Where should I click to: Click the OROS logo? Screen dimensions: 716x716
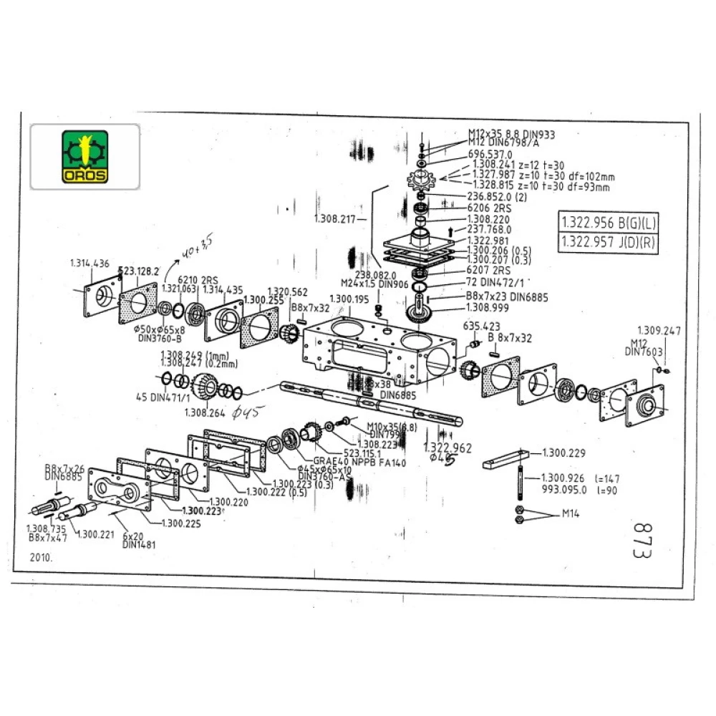click(x=84, y=156)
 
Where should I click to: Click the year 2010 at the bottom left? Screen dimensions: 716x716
click(x=41, y=556)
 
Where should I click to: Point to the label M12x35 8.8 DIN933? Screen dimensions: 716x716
click(x=511, y=134)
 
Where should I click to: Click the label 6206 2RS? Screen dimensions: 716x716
click(x=488, y=208)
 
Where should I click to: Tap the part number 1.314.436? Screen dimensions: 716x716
click(x=89, y=263)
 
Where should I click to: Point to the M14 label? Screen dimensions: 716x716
click(x=570, y=513)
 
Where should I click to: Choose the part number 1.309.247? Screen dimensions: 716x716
click(x=658, y=332)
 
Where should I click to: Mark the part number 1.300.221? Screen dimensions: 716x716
click(x=97, y=533)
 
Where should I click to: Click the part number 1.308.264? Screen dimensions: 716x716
click(x=205, y=412)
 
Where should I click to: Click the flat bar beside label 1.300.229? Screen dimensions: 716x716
click(x=505, y=458)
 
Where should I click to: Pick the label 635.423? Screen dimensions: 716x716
click(x=477, y=325)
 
